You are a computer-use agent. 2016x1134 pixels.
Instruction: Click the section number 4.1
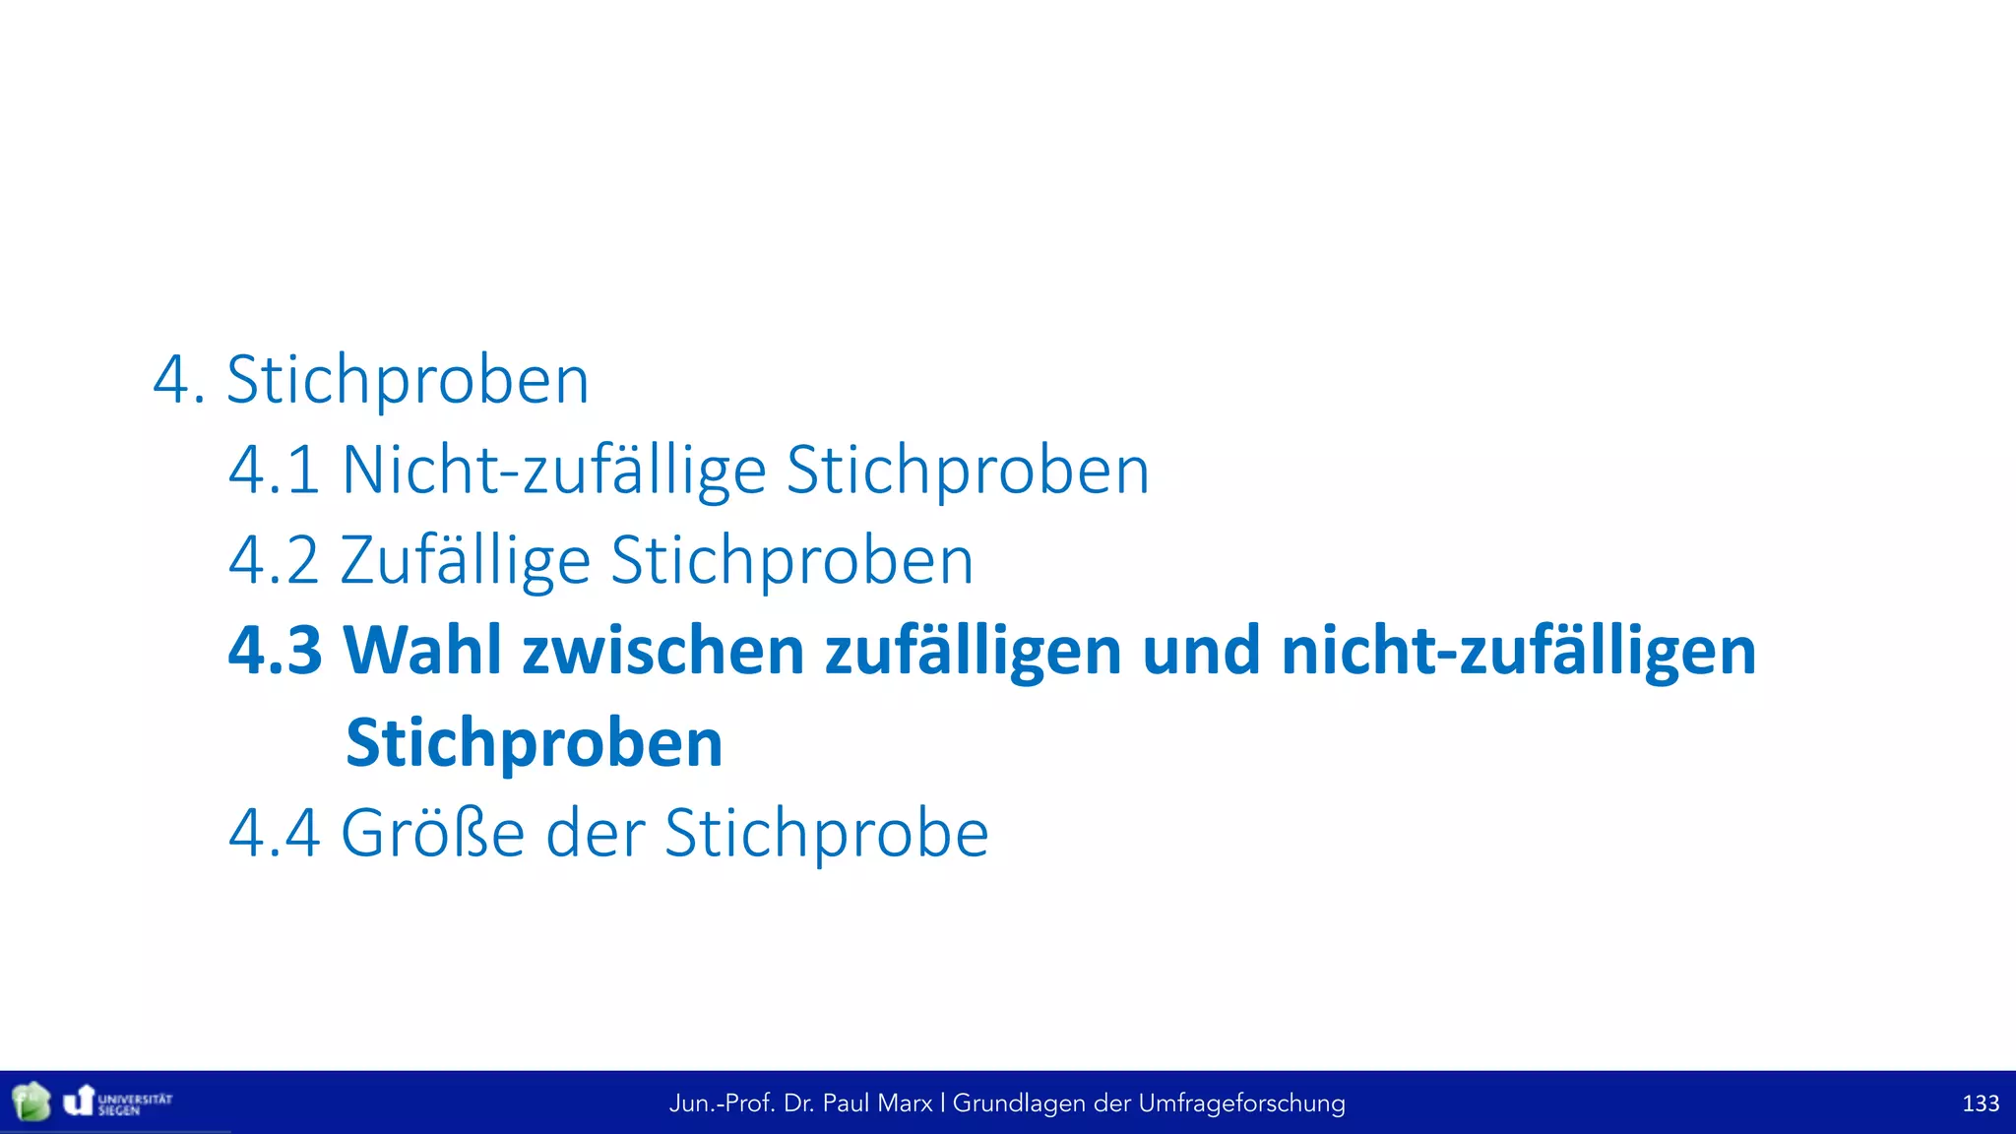pyautogui.click(x=274, y=471)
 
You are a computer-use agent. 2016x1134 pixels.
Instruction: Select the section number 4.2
pyautogui.click(x=274, y=561)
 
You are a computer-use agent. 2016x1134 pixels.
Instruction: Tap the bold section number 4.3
pyautogui.click(x=275, y=651)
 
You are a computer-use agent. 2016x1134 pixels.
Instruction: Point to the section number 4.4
pyautogui.click(x=274, y=834)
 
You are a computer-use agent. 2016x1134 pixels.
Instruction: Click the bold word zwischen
pyautogui.click(x=663, y=651)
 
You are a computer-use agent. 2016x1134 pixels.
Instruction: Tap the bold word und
pyautogui.click(x=1201, y=651)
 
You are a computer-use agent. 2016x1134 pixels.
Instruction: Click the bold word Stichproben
pyautogui.click(x=535, y=742)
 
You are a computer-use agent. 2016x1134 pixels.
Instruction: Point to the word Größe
pyautogui.click(x=432, y=834)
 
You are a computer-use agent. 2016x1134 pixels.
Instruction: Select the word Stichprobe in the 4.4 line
pyautogui.click(x=826, y=834)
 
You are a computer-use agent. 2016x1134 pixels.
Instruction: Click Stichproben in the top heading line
pyautogui.click(x=408, y=380)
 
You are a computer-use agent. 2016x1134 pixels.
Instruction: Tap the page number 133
pyautogui.click(x=1981, y=1103)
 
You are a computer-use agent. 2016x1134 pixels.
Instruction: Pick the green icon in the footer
pyautogui.click(x=31, y=1102)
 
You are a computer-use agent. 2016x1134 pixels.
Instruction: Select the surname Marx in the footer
pyautogui.click(x=907, y=1103)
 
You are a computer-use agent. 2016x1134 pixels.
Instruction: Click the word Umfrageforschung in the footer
pyautogui.click(x=1241, y=1103)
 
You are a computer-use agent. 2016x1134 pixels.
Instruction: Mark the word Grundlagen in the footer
pyautogui.click(x=1019, y=1103)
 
